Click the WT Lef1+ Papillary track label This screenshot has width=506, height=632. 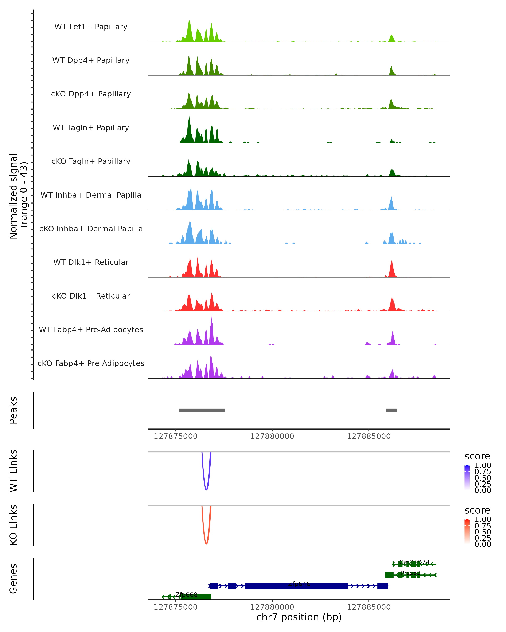pos(91,27)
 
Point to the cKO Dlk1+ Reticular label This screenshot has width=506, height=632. pos(91,296)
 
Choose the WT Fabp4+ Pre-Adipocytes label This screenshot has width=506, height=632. pos(91,329)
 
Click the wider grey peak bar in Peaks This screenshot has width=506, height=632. pos(202,410)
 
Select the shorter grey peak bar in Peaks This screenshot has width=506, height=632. pos(391,410)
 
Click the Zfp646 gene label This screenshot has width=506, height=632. pos(299,584)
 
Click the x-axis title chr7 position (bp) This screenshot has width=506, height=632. pos(299,617)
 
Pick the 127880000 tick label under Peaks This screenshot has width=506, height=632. pos(272,436)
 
